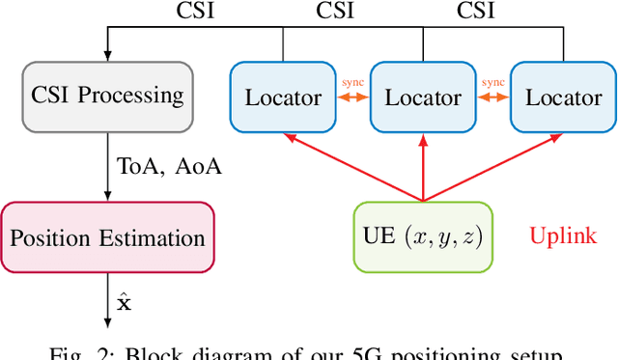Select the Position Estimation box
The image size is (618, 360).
[x=106, y=237]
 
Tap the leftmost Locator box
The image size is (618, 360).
[x=283, y=97]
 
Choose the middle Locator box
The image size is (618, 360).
[x=423, y=97]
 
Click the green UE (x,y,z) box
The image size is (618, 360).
[x=422, y=235]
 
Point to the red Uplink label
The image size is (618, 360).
[x=563, y=235]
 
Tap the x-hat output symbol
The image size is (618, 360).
[x=124, y=302]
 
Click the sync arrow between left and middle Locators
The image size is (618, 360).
[x=352, y=97]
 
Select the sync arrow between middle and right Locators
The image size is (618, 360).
[x=492, y=97]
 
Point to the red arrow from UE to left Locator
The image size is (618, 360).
[x=351, y=168]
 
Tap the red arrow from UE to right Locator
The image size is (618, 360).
[x=492, y=168]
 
